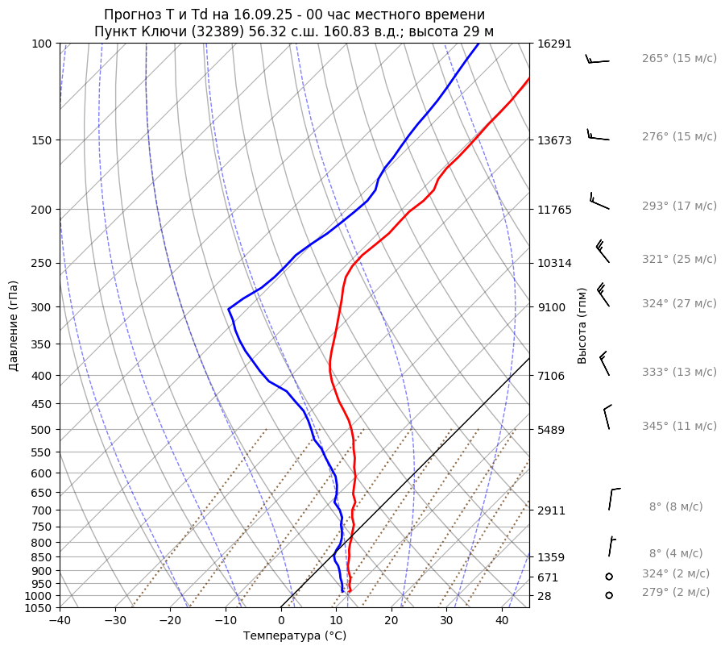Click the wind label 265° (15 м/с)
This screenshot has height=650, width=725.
pos(679,59)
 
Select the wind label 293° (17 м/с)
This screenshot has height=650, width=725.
pos(679,206)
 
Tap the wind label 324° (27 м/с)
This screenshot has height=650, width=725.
pos(679,303)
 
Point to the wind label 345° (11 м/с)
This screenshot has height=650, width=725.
pos(679,426)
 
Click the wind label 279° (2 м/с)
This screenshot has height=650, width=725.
pos(676,592)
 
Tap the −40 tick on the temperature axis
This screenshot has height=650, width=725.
pos(60,621)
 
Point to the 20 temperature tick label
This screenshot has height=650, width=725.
pos(391,621)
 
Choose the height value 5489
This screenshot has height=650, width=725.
pos(550,430)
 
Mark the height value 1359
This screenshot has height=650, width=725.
pos(550,557)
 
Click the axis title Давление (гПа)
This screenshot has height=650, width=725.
pos(14,326)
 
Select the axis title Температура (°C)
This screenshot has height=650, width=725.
pos(295,635)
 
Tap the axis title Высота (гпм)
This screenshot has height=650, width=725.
pos(582,325)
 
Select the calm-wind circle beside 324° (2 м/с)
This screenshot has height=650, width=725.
pos(609,577)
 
